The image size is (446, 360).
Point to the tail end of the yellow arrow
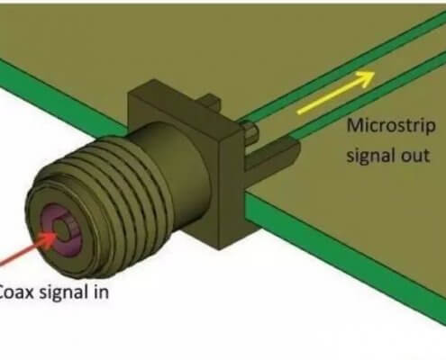point(299,112)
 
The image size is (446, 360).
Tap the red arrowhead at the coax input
point(50,239)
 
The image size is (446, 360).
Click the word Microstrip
point(391,126)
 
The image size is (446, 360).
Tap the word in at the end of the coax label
point(101,292)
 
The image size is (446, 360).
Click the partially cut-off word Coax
point(16,292)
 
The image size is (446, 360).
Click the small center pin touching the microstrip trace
point(251,130)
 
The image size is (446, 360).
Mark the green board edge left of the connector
point(60,96)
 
